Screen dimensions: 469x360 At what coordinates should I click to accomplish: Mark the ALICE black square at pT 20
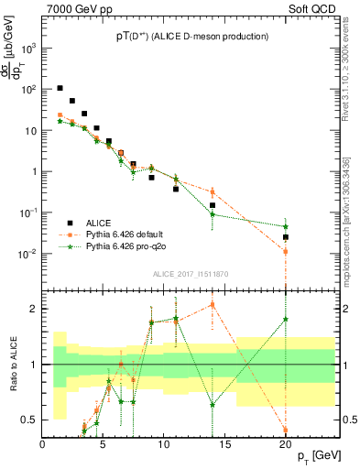point(286,237)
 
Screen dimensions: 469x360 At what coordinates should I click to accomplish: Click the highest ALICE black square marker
point(60,89)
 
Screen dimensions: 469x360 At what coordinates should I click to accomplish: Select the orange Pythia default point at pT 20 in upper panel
point(286,251)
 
